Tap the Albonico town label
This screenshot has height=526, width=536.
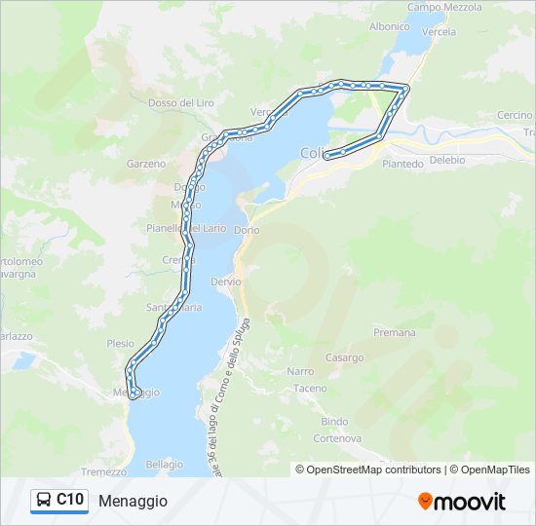coord(389,27)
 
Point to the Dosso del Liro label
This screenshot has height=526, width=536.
coord(180,102)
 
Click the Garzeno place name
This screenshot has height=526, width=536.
coord(146,164)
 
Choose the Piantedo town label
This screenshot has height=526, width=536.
coord(402,164)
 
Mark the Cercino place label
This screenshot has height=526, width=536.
coord(515,115)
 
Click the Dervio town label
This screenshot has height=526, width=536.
coord(225,281)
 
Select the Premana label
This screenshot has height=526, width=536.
coord(394,333)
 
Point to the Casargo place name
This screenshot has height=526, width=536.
coord(344,357)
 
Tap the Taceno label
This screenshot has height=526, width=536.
coord(311,388)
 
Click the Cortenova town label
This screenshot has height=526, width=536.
coord(336,437)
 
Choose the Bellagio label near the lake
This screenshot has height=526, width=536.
coord(164,465)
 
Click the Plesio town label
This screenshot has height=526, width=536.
coord(121,344)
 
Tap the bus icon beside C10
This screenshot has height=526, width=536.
coord(44,500)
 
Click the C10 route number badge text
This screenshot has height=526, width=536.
coord(69,500)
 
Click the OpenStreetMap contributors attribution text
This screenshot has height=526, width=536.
coord(373,470)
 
